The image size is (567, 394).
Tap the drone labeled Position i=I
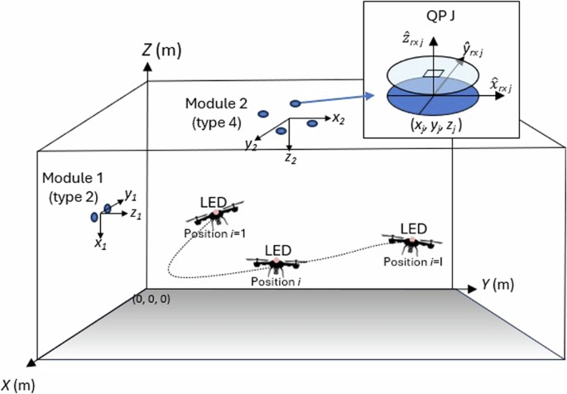pyautogui.click(x=412, y=243)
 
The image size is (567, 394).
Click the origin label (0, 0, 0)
pyautogui.click(x=151, y=300)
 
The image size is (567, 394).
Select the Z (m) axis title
pyautogui.click(x=161, y=50)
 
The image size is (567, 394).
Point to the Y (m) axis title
pyautogui.click(x=497, y=285)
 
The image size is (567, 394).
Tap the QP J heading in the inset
pyautogui.click(x=440, y=17)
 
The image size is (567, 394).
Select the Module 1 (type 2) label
pyautogui.click(x=73, y=187)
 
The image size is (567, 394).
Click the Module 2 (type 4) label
pyautogui.click(x=216, y=113)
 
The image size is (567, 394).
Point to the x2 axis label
pyautogui.click(x=338, y=118)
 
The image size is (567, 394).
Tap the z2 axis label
pyautogui.click(x=291, y=157)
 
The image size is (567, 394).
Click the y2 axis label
pyautogui.click(x=250, y=145)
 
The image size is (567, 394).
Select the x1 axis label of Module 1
pyautogui.click(x=100, y=243)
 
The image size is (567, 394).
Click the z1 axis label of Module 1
pyautogui.click(x=136, y=214)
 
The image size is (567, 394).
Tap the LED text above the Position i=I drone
pyautogui.click(x=414, y=228)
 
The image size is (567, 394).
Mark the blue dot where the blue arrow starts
pyautogui.click(x=296, y=103)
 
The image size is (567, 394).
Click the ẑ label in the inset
pyautogui.click(x=412, y=41)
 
